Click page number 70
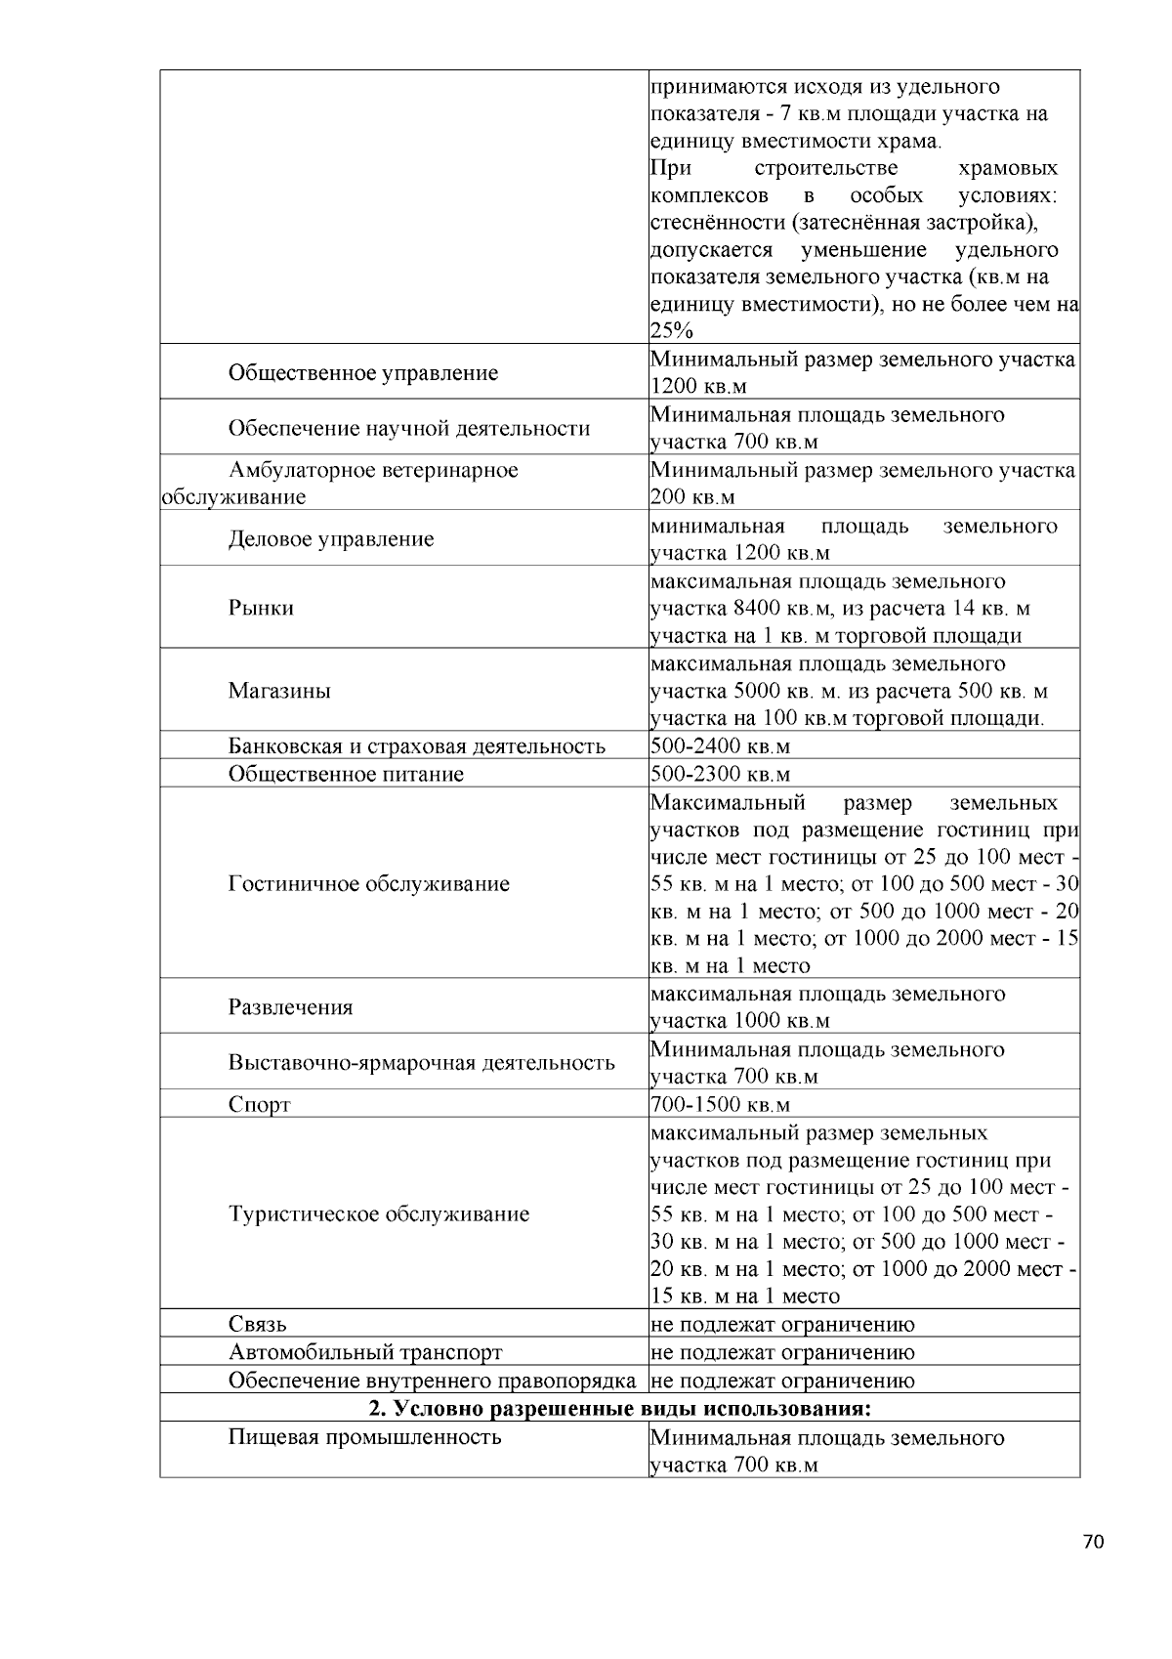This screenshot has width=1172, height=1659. pyautogui.click(x=1093, y=1543)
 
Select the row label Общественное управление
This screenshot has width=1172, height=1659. pyautogui.click(x=362, y=373)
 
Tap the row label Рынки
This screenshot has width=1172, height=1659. pyautogui.click(x=261, y=608)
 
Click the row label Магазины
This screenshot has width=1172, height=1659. pyautogui.click(x=279, y=691)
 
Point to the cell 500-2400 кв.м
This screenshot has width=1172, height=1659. pyautogui.click(x=720, y=746)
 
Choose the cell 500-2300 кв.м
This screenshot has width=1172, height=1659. pyautogui.click(x=720, y=775)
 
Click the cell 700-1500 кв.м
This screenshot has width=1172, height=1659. pyautogui.click(x=720, y=1105)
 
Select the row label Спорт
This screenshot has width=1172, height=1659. pyautogui.click(x=259, y=1105)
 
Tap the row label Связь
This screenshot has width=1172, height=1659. pyautogui.click(x=257, y=1325)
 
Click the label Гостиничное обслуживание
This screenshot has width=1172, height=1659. pyautogui.click(x=368, y=884)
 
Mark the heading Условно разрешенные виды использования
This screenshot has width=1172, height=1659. pyautogui.click(x=619, y=1409)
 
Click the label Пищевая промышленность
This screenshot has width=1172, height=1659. pyautogui.click(x=364, y=1437)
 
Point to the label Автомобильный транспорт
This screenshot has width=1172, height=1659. pyautogui.click(x=364, y=1353)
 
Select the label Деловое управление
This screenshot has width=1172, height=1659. pyautogui.click(x=330, y=539)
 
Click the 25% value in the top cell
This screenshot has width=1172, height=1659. pyautogui.click(x=671, y=331)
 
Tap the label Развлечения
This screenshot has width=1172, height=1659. pyautogui.click(x=290, y=1007)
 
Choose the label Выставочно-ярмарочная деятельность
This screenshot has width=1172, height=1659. pyautogui.click(x=421, y=1063)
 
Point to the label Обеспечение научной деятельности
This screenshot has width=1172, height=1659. pyautogui.click(x=408, y=429)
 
